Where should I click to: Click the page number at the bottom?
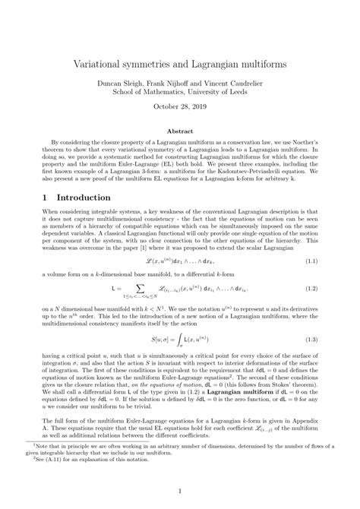[180, 491]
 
